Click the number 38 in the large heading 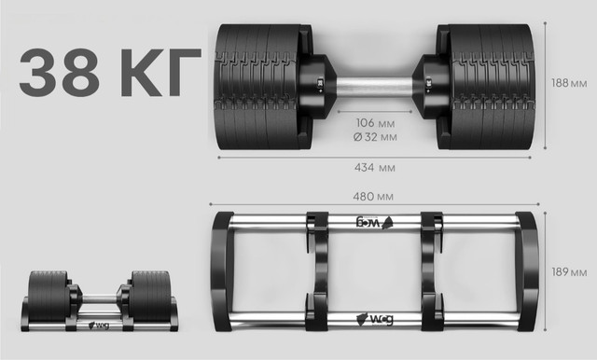(59, 72)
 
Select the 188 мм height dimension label (569, 83)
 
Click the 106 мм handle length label (375, 123)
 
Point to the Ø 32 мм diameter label (375, 136)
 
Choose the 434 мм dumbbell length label (375, 168)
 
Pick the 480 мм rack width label (373, 197)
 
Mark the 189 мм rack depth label (569, 272)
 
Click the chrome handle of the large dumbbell (374, 87)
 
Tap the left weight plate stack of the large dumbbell (257, 87)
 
